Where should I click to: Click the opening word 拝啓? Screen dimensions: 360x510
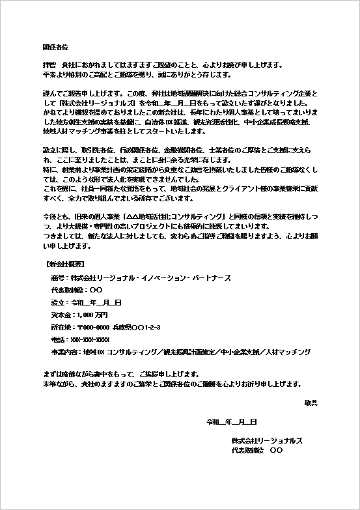[49, 64]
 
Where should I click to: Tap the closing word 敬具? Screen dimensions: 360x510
[310, 403]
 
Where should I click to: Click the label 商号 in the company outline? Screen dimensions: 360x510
[57, 278]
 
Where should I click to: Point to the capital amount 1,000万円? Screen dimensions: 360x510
[90, 315]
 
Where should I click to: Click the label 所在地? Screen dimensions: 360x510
[61, 328]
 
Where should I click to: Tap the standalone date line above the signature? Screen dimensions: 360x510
[231, 422]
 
